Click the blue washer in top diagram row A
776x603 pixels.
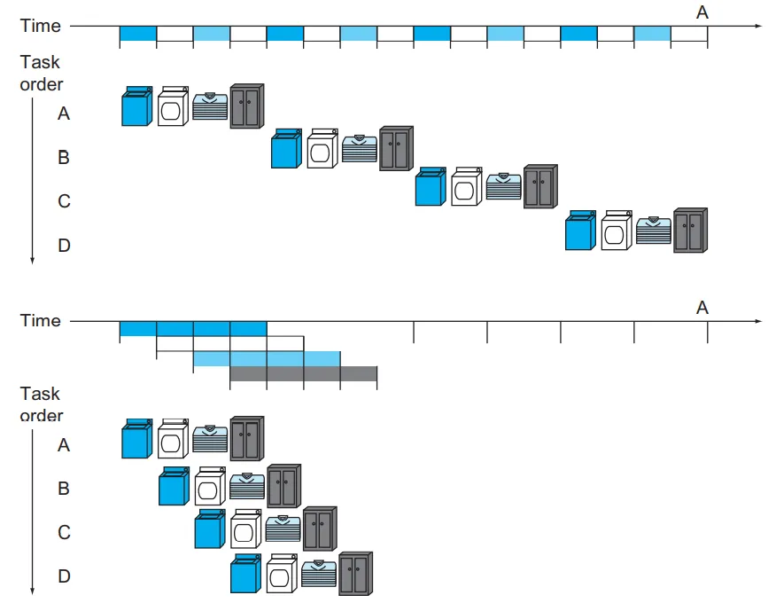tap(137, 106)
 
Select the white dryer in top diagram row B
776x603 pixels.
tap(322, 149)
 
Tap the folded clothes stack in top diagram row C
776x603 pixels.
tap(503, 186)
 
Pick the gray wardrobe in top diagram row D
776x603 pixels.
tap(690, 231)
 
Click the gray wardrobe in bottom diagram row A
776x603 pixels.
tap(247, 438)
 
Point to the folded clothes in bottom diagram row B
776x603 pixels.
tap(247, 486)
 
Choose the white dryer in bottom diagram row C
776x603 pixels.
tap(245, 529)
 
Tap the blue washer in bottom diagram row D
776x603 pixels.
tap(245, 573)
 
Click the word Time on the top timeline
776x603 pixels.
tap(40, 26)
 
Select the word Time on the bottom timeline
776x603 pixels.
tap(40, 321)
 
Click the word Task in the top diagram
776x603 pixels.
tap(40, 62)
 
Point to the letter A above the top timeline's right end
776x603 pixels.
tap(702, 12)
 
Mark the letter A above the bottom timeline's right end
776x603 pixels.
tap(702, 308)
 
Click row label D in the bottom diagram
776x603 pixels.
tap(64, 576)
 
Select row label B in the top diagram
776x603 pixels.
tap(64, 158)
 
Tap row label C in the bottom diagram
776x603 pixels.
tap(64, 533)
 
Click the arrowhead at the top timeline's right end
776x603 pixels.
tap(758, 26)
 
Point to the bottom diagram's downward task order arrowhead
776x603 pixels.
tap(32, 591)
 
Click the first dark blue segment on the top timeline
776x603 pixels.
tap(138, 34)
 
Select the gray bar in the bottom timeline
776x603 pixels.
tap(303, 374)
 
